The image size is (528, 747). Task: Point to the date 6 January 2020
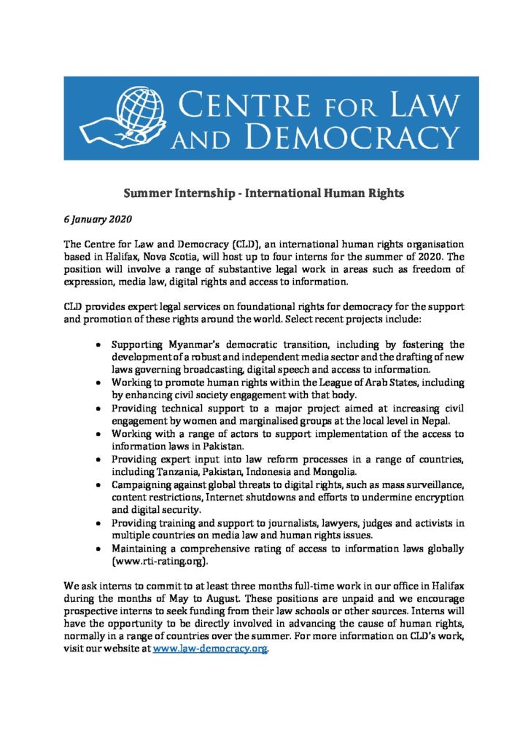coord(90,218)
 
